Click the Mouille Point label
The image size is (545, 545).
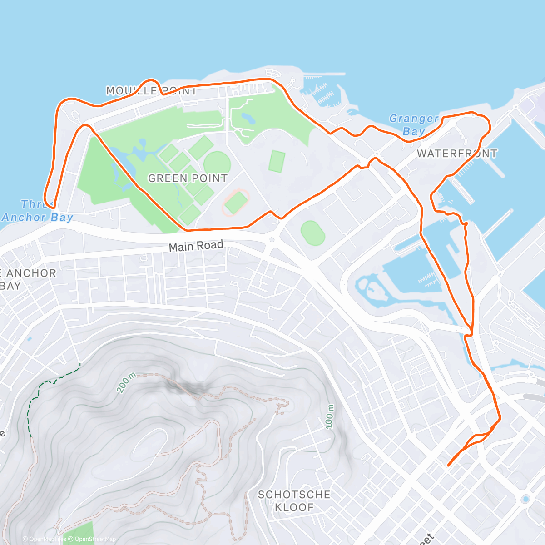pos(151,91)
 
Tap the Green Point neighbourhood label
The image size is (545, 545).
pos(188,178)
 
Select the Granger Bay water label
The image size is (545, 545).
pos(414,125)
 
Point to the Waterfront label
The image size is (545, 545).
pos(457,154)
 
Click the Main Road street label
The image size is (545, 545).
pos(196,246)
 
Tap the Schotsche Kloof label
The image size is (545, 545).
pos(294,501)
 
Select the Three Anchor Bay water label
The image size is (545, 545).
pos(37,211)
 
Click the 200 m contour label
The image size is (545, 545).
pos(126,382)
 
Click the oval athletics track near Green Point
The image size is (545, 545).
pos(235,203)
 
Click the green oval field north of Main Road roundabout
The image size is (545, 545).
pos(313,233)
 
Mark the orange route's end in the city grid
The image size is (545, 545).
pos(448,465)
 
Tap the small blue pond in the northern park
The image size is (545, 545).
pos(248,119)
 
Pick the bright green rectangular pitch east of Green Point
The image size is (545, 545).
pos(277,161)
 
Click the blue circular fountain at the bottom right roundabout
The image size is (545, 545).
pos(525,499)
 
